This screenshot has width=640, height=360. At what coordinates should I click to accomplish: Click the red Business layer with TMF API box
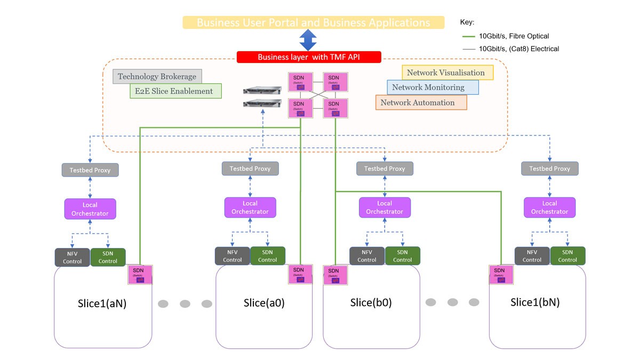[x=309, y=57]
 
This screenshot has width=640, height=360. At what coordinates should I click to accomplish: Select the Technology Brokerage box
[x=157, y=77]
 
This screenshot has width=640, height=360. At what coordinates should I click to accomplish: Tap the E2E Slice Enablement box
[x=175, y=91]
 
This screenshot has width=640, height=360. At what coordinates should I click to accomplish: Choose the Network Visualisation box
[x=447, y=73]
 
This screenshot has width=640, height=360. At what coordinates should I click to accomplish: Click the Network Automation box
[x=421, y=102]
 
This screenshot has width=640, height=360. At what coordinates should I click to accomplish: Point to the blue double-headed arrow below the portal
[x=308, y=40]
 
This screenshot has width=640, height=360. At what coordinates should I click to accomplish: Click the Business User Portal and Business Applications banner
[x=313, y=22]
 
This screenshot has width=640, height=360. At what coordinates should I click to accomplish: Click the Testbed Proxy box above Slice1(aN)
[x=90, y=170]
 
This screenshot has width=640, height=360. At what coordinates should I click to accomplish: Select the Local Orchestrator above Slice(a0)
[x=250, y=207]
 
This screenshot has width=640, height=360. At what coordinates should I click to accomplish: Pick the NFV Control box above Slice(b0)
[x=367, y=257]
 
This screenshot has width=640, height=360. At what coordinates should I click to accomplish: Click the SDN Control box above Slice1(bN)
[x=567, y=257]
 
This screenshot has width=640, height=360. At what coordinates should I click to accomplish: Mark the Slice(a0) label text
[x=264, y=302]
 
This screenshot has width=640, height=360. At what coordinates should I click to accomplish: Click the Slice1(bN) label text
[x=535, y=302]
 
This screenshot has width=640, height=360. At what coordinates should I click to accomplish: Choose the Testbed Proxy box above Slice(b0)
[x=385, y=169]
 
